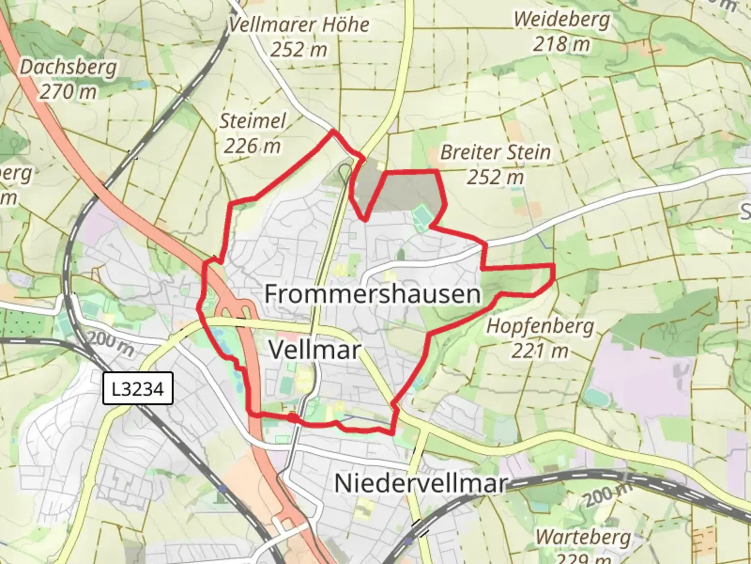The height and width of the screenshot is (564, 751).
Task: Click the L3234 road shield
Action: pos(138,389)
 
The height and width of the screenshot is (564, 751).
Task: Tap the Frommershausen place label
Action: pos(372,294)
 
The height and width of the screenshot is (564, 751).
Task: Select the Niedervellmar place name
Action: pos(420,483)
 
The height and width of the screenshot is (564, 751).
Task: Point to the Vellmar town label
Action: pos(314,349)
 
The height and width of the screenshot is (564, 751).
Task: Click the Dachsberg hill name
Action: pos(68,67)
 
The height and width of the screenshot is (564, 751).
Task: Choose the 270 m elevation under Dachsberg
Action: pos(68,92)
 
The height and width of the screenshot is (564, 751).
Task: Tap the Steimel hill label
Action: pos(252,121)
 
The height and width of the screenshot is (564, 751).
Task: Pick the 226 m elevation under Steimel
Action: pos(252,146)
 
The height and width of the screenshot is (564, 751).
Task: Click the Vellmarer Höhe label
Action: pos(299,25)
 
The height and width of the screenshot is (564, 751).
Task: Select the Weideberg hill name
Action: pos(562,19)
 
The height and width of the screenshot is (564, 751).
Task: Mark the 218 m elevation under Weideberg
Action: pos(562,44)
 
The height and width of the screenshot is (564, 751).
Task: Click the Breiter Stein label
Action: pos(495,152)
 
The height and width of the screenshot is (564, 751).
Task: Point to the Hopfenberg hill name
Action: pos(540,326)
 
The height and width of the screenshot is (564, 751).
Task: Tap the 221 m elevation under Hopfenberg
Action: pos(540,350)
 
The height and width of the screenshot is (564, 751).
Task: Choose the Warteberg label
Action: pos(583,537)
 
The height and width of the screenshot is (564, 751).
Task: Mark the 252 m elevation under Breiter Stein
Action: pos(495,178)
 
